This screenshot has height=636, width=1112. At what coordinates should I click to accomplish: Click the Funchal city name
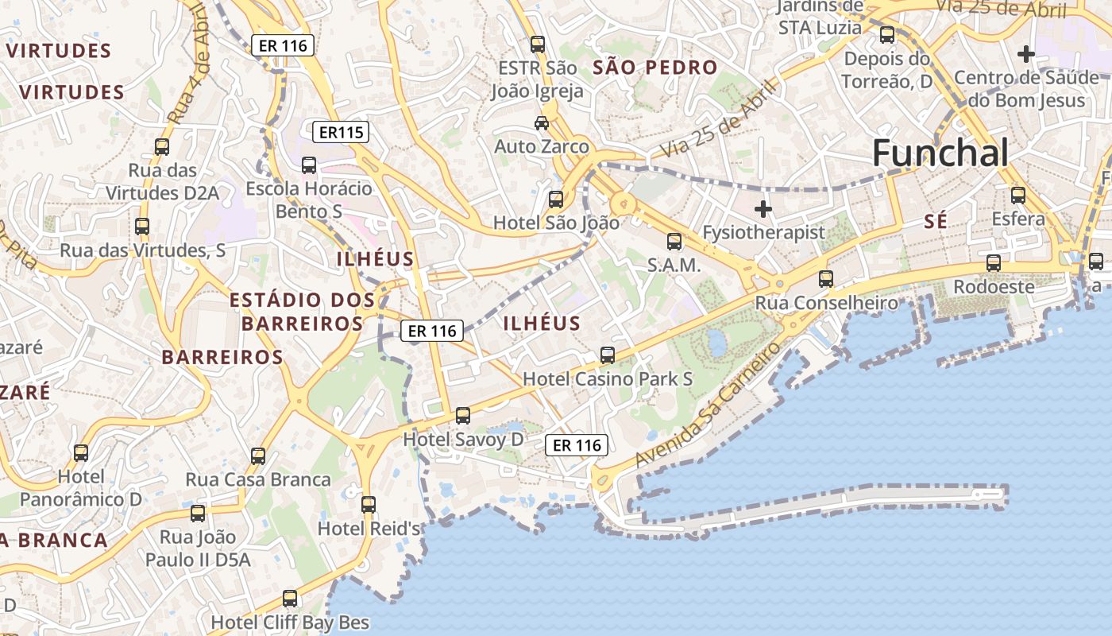(940, 153)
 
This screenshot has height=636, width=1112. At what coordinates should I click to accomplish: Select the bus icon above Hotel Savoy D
(463, 415)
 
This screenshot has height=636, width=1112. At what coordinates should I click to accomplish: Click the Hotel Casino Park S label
(608, 379)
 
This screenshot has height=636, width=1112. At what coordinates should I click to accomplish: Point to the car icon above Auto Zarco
(542, 123)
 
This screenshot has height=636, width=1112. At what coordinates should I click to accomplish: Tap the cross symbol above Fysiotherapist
(763, 210)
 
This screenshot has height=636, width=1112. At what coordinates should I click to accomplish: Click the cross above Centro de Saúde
(1026, 54)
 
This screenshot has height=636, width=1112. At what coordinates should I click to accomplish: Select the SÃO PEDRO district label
(655, 68)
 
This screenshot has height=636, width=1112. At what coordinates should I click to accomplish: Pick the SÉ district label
(936, 223)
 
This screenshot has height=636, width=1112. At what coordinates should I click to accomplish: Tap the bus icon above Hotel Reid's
(368, 504)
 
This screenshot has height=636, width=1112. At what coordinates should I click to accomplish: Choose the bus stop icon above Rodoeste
(994, 263)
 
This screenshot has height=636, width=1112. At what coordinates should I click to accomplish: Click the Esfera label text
(1018, 219)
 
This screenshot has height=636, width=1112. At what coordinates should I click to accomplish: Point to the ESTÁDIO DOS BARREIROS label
(302, 312)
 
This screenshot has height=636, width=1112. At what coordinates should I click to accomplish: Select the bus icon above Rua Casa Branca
(258, 456)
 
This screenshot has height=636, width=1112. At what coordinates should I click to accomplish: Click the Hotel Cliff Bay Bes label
(290, 622)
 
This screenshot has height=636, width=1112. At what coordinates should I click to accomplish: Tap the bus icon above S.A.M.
(674, 241)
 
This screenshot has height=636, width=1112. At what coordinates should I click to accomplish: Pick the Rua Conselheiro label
(826, 303)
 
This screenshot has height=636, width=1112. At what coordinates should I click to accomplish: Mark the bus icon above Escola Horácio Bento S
(309, 165)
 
